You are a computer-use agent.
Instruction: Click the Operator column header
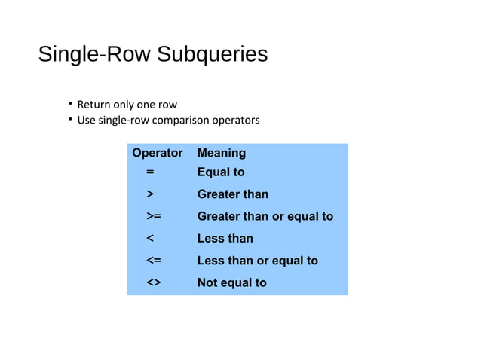click(x=157, y=153)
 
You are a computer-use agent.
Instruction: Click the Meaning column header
click(x=221, y=153)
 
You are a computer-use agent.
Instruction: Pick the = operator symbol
click(x=151, y=172)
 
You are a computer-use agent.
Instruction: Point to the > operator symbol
click(x=151, y=194)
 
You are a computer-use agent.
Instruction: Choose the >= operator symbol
click(x=153, y=217)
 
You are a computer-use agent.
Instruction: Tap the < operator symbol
click(x=151, y=239)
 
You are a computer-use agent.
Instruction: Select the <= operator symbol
click(x=153, y=261)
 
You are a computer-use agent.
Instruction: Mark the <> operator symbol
click(x=153, y=283)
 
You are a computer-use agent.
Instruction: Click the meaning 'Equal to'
click(x=221, y=172)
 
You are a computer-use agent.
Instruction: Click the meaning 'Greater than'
click(x=232, y=194)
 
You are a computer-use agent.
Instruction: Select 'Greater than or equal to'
click(x=265, y=217)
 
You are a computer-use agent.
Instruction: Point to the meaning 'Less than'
click(x=225, y=239)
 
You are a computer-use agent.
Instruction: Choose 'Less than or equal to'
click(x=257, y=261)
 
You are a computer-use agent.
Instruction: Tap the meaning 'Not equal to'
click(x=231, y=283)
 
